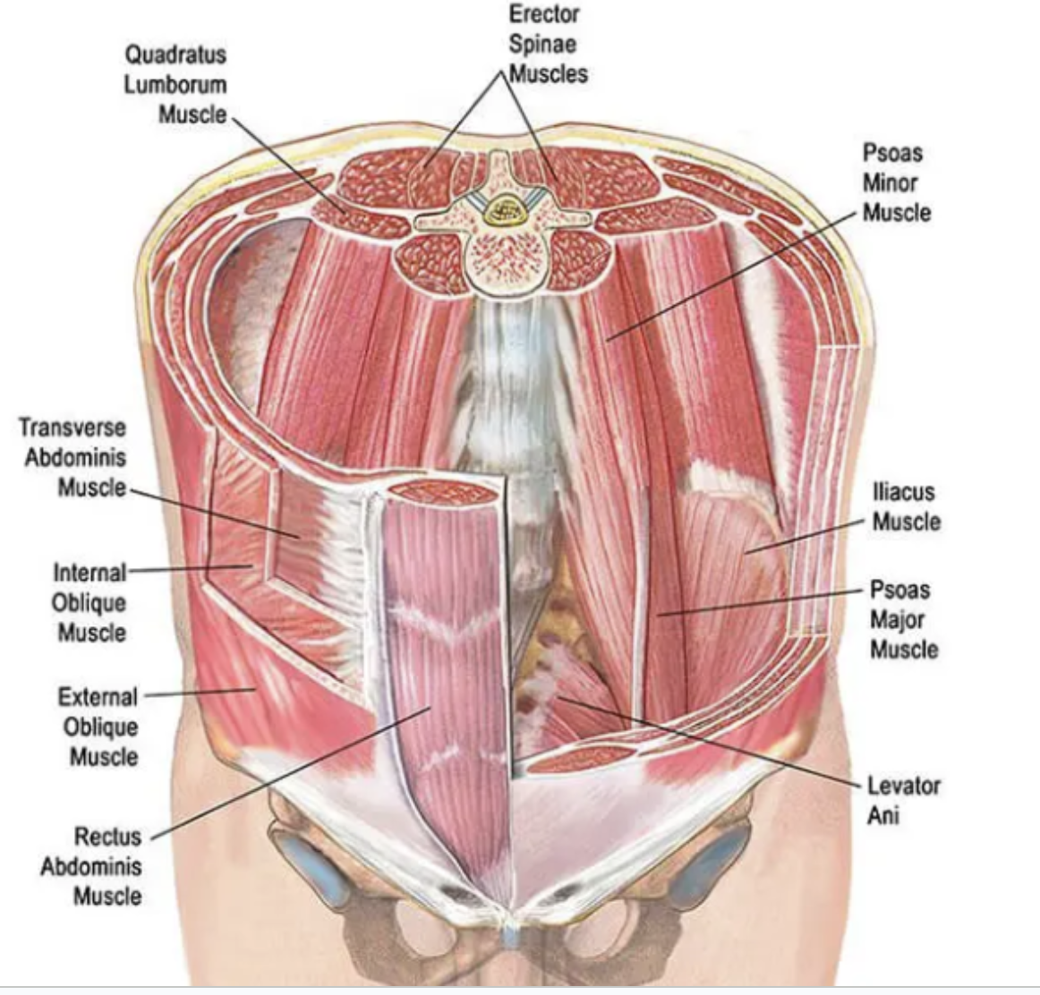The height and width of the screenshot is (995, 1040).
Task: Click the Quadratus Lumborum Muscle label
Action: [x=175, y=84]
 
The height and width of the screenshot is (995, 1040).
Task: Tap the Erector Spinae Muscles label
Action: [x=544, y=44]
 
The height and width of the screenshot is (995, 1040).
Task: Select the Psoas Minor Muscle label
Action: [x=896, y=183]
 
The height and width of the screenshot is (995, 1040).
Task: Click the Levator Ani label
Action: [x=903, y=800]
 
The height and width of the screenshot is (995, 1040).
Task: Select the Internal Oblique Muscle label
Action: [x=90, y=602]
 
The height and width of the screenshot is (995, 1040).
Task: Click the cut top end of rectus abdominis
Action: [x=444, y=493]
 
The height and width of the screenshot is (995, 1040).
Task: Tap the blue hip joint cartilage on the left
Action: [x=313, y=865]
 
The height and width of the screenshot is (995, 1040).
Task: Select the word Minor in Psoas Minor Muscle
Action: [x=891, y=183]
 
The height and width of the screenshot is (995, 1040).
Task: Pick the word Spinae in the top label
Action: [x=542, y=44]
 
